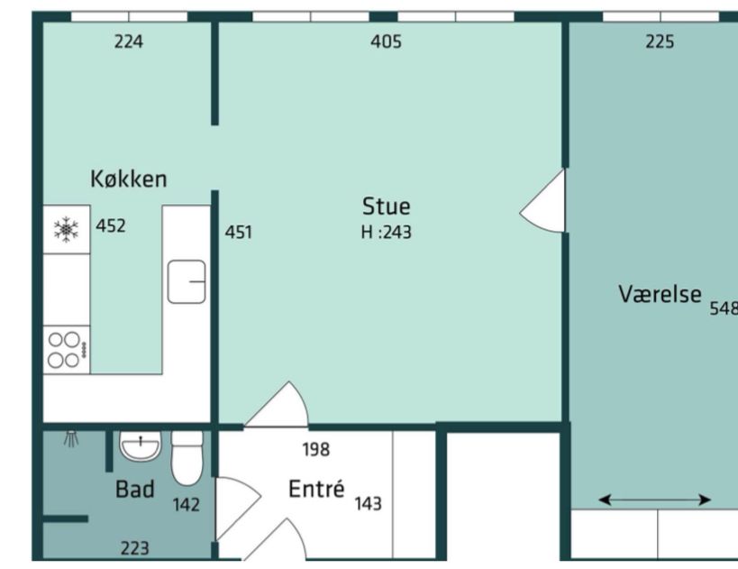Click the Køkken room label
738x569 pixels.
click(x=129, y=179)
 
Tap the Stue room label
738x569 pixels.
click(x=386, y=206)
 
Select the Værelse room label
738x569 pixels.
click(x=660, y=294)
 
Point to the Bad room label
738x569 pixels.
click(x=134, y=489)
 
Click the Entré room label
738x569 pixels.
click(x=316, y=489)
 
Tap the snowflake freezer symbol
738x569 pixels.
click(x=66, y=229)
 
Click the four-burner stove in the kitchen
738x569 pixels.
click(x=67, y=350)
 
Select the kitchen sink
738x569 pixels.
click(x=187, y=281)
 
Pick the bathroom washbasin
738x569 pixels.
click(x=141, y=445)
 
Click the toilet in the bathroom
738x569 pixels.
click(x=187, y=458)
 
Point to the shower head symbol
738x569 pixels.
click(x=71, y=438)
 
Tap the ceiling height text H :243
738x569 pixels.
click(x=386, y=233)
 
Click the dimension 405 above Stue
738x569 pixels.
click(x=386, y=41)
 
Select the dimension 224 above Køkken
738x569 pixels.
click(x=129, y=41)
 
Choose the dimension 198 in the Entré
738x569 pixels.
click(x=316, y=449)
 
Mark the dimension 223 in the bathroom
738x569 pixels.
click(x=134, y=548)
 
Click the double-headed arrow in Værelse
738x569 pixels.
click(x=654, y=500)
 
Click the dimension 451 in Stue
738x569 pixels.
click(x=238, y=233)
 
